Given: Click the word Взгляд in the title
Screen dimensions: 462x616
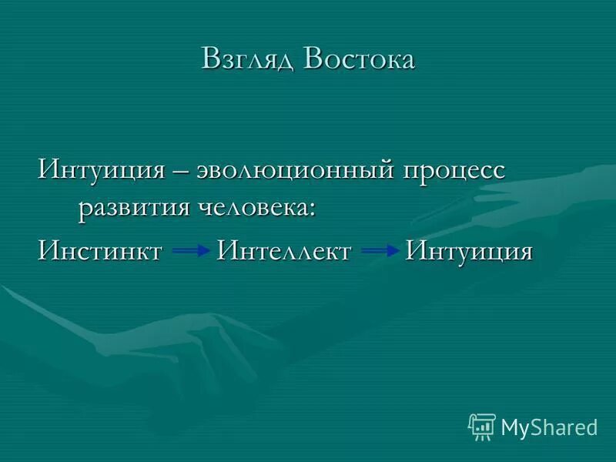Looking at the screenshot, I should click(248, 60).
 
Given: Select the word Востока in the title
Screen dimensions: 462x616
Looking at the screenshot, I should click(359, 60).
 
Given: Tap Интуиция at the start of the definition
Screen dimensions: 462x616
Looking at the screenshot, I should click(102, 169).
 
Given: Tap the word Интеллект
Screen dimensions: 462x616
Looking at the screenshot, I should click(284, 251).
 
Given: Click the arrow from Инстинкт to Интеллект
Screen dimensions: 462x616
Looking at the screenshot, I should click(189, 252).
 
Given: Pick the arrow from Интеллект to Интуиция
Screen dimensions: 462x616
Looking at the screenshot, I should click(380, 252).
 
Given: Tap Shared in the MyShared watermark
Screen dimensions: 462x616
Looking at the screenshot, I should click(564, 427).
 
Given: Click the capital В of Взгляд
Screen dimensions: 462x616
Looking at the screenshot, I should click(211, 60).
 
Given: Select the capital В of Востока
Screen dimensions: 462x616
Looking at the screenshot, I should click(314, 60).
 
